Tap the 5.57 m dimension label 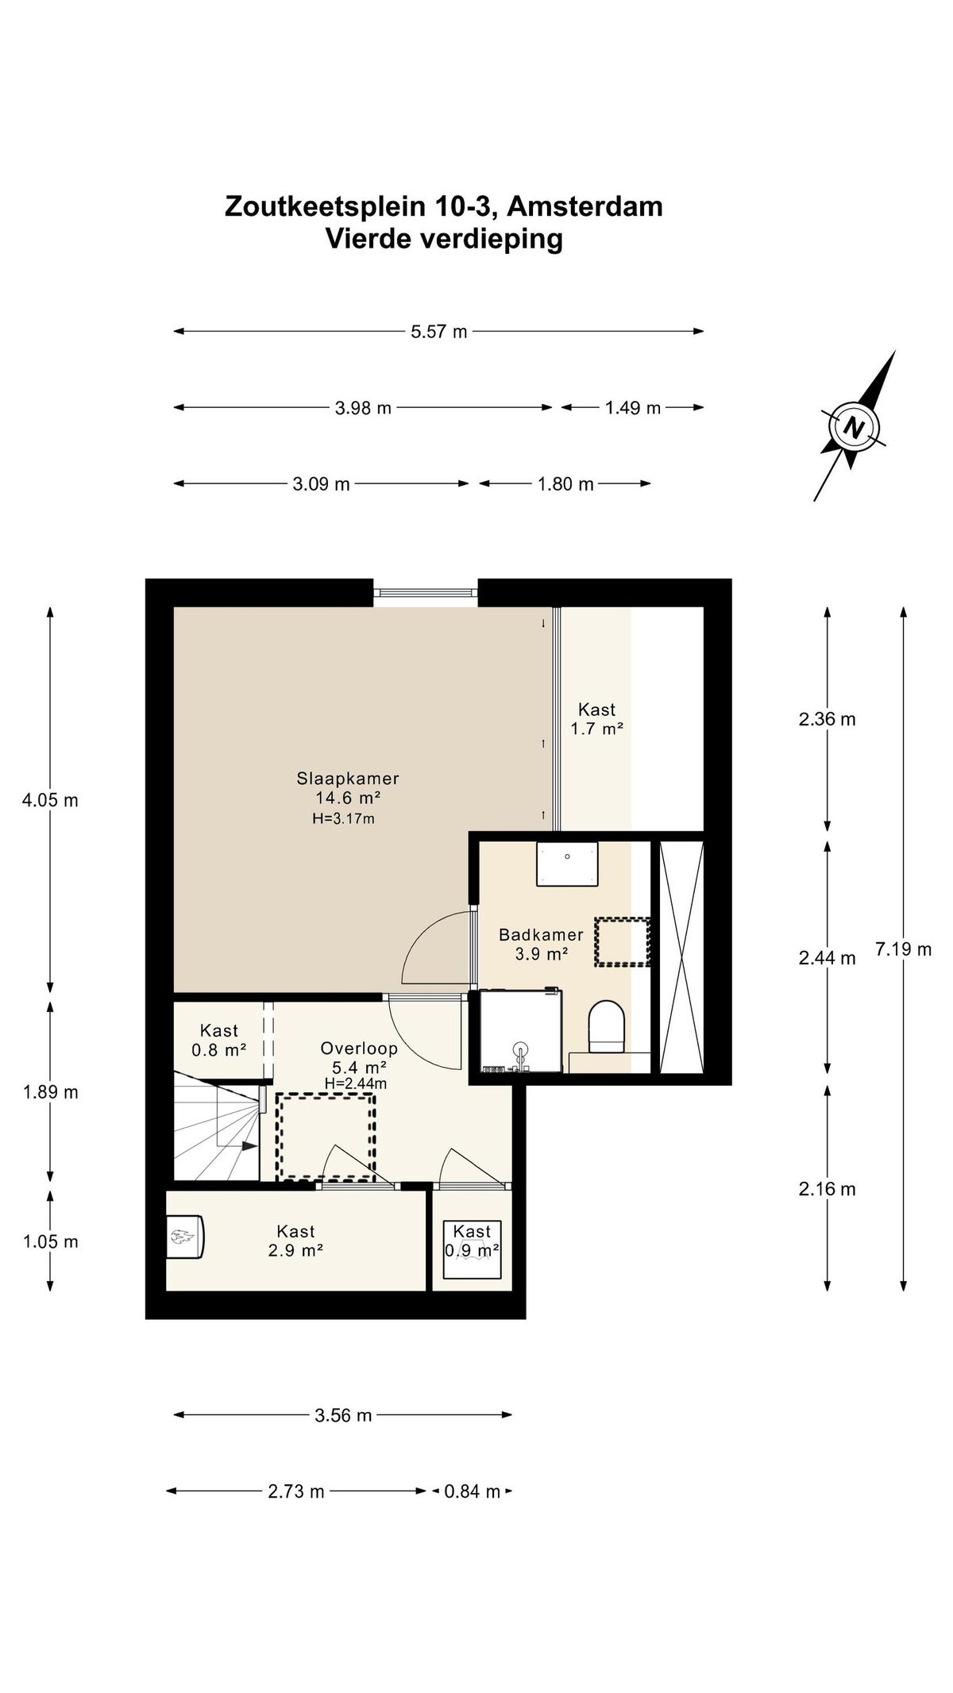439,332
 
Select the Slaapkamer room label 348,779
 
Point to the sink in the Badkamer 567,864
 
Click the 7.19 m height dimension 904,949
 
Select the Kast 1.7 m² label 596,719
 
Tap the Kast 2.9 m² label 296,1241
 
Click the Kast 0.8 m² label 219,1040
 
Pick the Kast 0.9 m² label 473,1241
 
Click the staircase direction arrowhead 249,1146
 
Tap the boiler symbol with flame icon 187,1237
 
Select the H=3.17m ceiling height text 344,818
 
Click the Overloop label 359,1049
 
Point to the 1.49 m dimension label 633,408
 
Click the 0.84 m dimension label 473,1491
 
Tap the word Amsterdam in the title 585,206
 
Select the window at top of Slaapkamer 426,591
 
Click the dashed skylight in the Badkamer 622,942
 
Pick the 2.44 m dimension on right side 828,958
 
